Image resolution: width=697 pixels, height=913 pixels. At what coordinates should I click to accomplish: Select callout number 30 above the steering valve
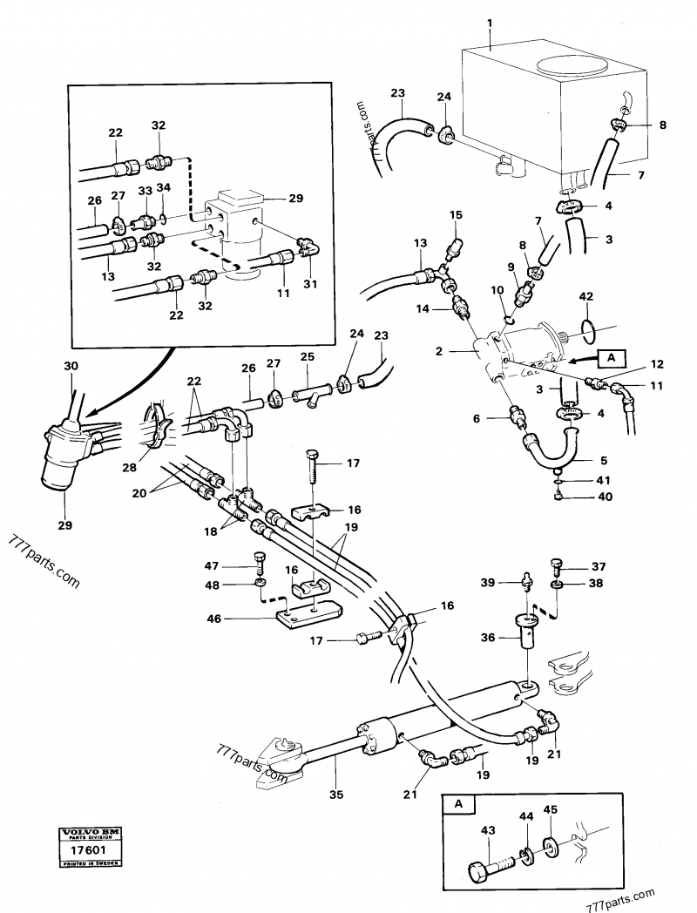pos(71,368)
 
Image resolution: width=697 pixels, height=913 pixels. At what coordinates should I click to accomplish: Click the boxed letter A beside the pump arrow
pos(610,356)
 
